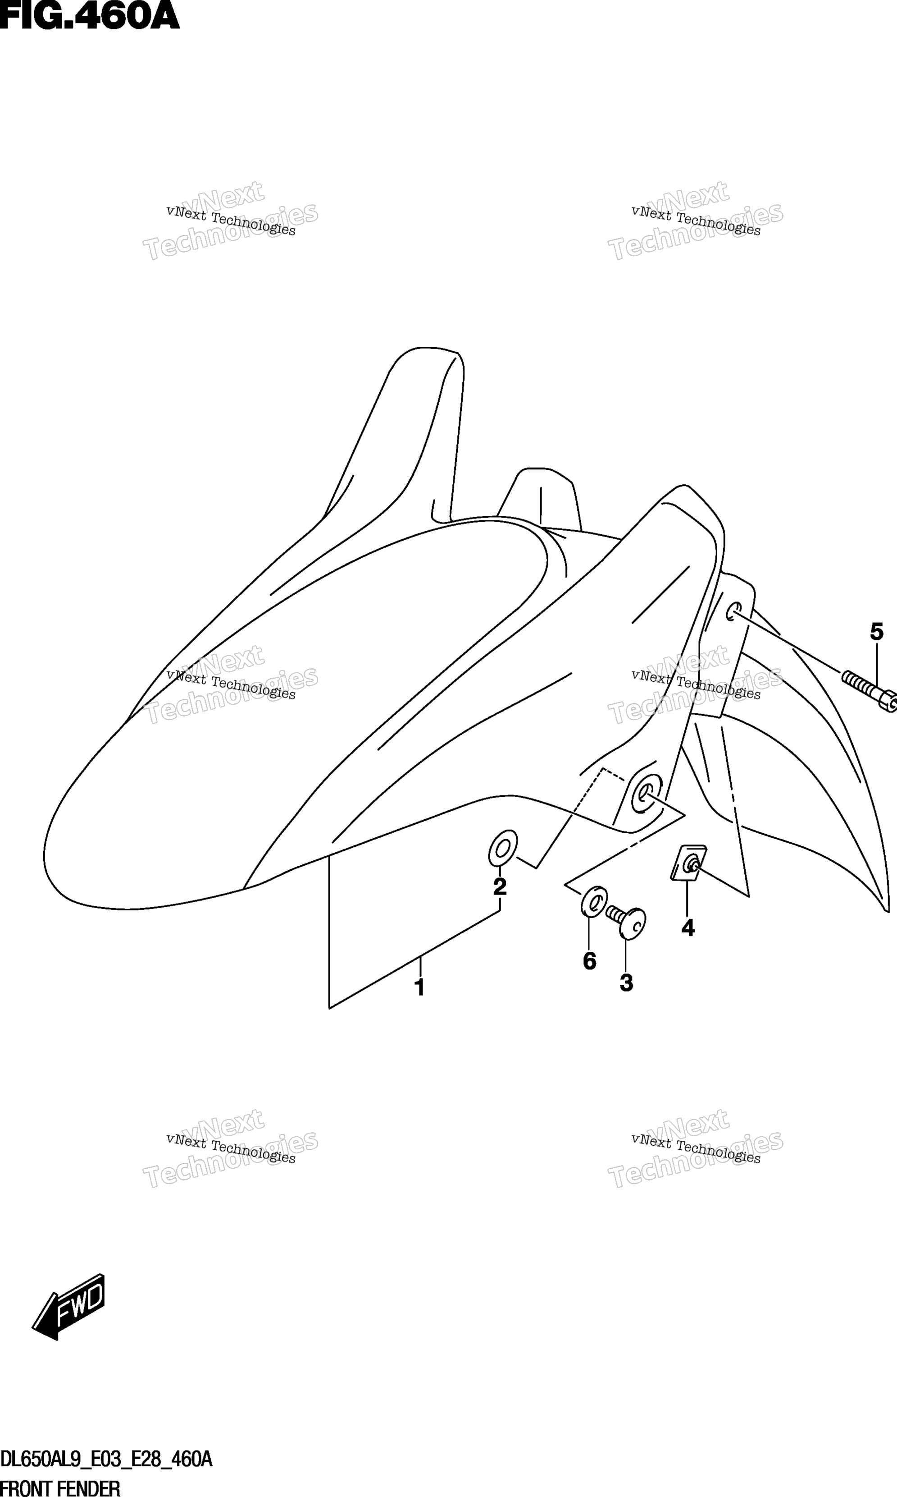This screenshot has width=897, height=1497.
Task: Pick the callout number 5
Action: pyautogui.click(x=876, y=632)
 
